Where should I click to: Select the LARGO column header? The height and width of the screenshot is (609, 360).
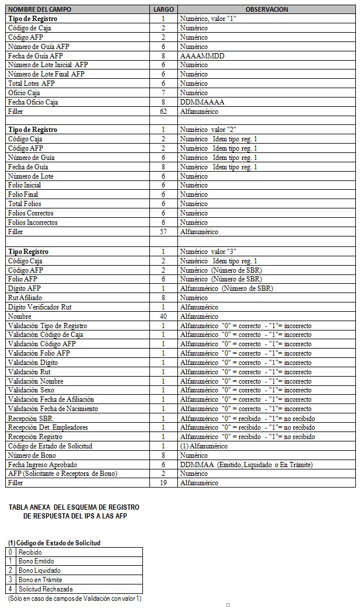tap(163, 9)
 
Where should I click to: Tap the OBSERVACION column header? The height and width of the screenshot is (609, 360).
tap(266, 9)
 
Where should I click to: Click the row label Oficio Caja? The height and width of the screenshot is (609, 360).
tap(24, 93)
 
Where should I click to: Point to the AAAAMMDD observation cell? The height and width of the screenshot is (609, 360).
tap(202, 55)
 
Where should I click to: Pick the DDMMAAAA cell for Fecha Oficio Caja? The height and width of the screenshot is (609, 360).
tap(202, 102)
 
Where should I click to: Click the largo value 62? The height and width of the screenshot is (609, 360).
tap(163, 112)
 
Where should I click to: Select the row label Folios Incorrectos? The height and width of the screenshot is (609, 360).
tap(33, 222)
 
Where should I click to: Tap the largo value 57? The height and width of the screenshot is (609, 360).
tap(163, 232)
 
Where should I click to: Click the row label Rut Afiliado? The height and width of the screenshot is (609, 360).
tap(26, 297)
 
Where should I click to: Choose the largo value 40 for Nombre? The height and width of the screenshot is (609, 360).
tap(163, 316)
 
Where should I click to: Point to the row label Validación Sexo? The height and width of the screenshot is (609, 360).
tap(36, 390)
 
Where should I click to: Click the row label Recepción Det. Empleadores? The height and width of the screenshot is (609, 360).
tap(48, 427)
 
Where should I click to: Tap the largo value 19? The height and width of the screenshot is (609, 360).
tap(163, 483)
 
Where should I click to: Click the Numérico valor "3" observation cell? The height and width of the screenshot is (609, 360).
tap(208, 251)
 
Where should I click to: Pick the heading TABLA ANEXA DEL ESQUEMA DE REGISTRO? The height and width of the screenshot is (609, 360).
tap(74, 507)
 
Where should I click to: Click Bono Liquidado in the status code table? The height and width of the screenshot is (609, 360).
tap(39, 570)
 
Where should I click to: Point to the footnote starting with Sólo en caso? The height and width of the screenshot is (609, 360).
tap(75, 598)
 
